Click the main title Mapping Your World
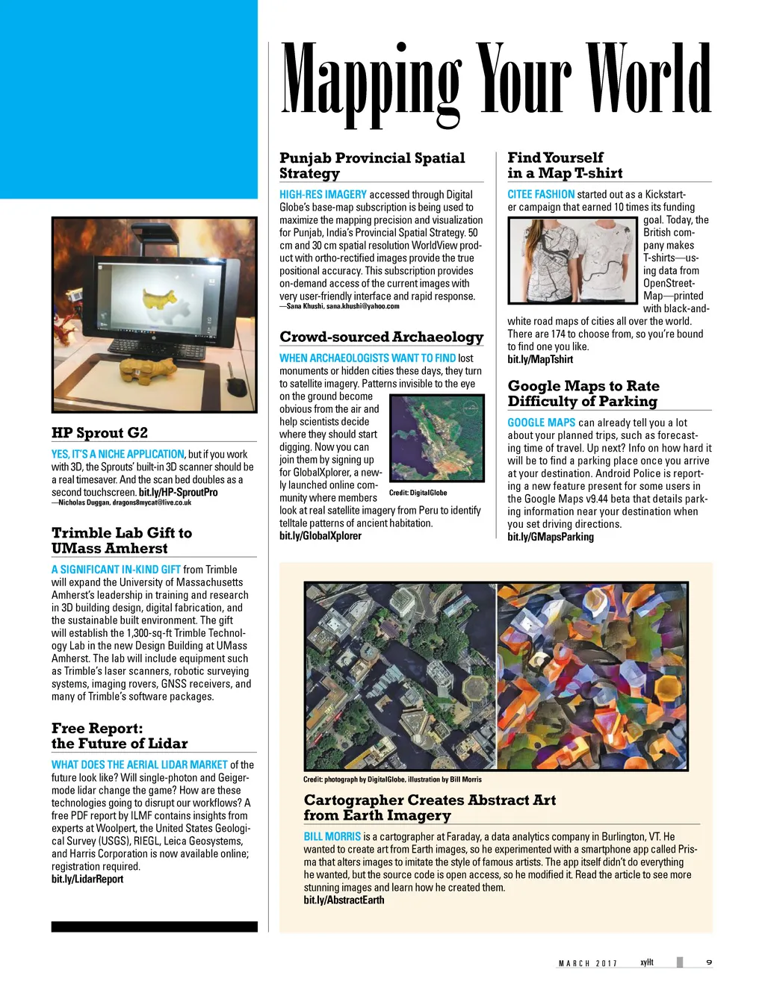click(495, 81)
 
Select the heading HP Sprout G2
click(99, 433)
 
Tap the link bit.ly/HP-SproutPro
click(179, 493)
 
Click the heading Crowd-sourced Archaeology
click(381, 337)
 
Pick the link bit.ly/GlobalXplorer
click(320, 536)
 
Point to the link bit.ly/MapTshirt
click(540, 360)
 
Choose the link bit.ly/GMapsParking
click(551, 537)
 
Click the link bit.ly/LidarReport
click(87, 880)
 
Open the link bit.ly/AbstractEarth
click(344, 900)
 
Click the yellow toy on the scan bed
click(147, 367)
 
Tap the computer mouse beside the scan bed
click(236, 387)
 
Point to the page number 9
click(708, 962)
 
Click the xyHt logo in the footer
click(646, 962)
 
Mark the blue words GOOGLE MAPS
click(541, 423)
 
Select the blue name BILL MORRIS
click(332, 837)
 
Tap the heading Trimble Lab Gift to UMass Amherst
click(122, 541)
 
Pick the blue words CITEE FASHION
click(541, 194)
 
